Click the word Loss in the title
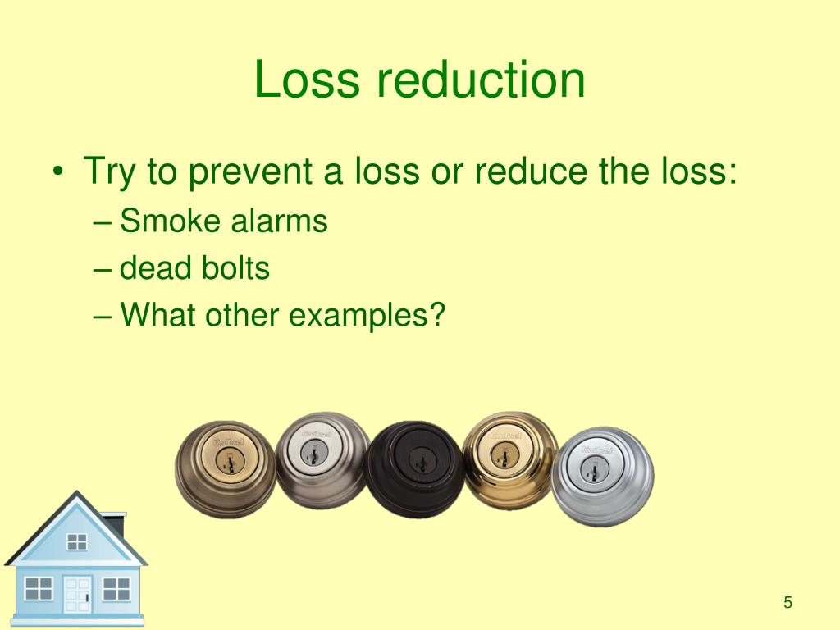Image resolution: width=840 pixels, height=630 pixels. [x=306, y=80]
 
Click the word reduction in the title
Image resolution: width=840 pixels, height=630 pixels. [x=481, y=80]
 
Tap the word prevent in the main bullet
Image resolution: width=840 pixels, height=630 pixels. [x=257, y=172]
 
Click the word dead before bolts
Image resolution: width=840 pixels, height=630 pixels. [x=154, y=268]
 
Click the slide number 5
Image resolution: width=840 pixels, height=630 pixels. [x=787, y=603]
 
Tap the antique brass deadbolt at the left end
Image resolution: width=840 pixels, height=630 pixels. [x=226, y=468]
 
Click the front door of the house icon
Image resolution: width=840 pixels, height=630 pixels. [x=77, y=594]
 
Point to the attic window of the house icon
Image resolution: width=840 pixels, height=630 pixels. [x=77, y=541]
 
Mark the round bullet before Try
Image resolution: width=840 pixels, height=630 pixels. [x=58, y=174]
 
